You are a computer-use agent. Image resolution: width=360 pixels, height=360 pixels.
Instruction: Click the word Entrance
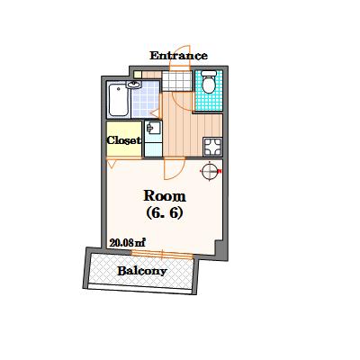click(x=178, y=56)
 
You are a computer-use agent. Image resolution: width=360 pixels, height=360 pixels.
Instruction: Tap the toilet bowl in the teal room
click(x=209, y=82)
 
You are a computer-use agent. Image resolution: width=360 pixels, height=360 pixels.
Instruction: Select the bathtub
click(x=119, y=100)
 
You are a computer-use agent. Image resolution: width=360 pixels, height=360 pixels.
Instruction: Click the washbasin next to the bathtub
click(x=134, y=85)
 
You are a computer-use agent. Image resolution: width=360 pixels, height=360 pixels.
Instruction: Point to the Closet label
click(x=124, y=140)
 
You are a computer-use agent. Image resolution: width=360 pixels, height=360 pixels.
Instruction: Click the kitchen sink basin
click(x=153, y=129)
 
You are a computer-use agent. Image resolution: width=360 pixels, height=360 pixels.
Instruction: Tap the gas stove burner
click(x=212, y=147)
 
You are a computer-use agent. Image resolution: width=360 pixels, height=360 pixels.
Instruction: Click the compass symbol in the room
click(x=210, y=171)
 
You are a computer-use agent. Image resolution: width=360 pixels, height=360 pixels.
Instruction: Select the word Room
click(x=165, y=196)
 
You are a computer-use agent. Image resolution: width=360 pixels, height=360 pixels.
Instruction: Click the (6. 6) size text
click(x=165, y=213)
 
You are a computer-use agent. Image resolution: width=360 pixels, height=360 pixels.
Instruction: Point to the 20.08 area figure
click(x=128, y=242)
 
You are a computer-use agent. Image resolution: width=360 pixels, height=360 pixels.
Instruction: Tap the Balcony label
click(x=142, y=271)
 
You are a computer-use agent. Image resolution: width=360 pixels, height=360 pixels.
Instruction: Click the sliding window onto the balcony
click(x=162, y=256)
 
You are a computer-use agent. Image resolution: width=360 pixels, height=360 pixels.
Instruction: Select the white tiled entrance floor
click(x=177, y=81)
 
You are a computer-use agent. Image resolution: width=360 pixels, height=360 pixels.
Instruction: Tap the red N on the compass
click(x=220, y=172)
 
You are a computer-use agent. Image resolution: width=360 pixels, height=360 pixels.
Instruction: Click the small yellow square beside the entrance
click(x=138, y=75)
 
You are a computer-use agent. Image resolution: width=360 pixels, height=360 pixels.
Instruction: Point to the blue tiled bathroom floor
click(x=146, y=99)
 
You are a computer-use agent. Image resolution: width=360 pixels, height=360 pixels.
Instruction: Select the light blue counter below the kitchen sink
click(x=153, y=149)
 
